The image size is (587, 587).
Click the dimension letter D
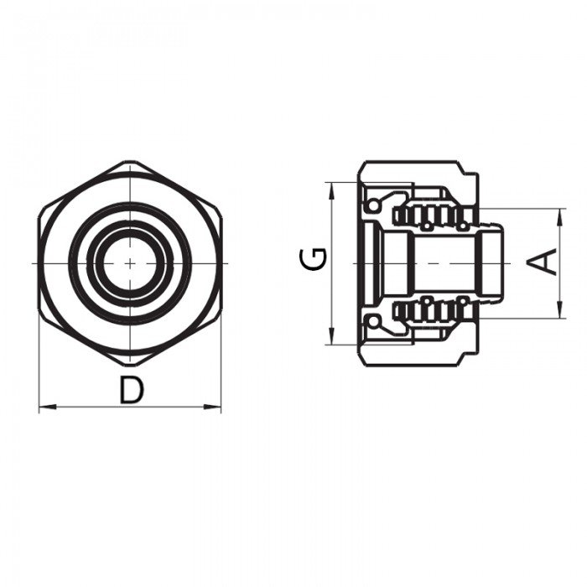[x=130, y=391]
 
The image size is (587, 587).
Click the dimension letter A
[x=544, y=262]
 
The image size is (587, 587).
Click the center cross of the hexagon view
[x=130, y=262]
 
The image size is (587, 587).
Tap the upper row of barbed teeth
[x=432, y=216]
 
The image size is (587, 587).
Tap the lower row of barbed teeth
[x=432, y=310]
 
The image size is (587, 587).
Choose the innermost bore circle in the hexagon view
[x=130, y=262]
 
